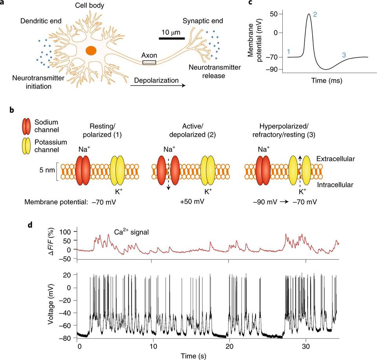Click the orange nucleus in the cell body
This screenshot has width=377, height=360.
pos(91,51)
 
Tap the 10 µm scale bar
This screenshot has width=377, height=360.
pos(172,38)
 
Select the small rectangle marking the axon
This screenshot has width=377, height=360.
pos(149,62)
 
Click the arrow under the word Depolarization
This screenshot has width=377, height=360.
pos(158,85)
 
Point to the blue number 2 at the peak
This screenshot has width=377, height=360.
pos(315,15)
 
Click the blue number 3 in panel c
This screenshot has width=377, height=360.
pos(344,55)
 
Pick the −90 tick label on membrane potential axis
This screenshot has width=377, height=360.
pos(272,69)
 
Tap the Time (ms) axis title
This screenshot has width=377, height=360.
pos(326,81)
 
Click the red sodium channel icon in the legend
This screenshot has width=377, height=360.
pos(26,126)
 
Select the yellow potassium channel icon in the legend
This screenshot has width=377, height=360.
pos(26,146)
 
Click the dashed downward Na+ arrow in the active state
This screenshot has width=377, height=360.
pos(168,174)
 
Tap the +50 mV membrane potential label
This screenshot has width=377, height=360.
pos(192,201)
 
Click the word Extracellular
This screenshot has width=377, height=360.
pos(335,159)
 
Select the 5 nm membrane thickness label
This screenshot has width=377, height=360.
pos(47,170)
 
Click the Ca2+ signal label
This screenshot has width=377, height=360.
pos(131,232)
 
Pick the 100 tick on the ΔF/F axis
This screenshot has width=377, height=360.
pos(66,231)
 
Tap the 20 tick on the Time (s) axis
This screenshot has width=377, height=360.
pos(229,346)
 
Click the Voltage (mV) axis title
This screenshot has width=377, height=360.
pos(51,305)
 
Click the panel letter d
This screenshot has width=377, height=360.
pos(30,226)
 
